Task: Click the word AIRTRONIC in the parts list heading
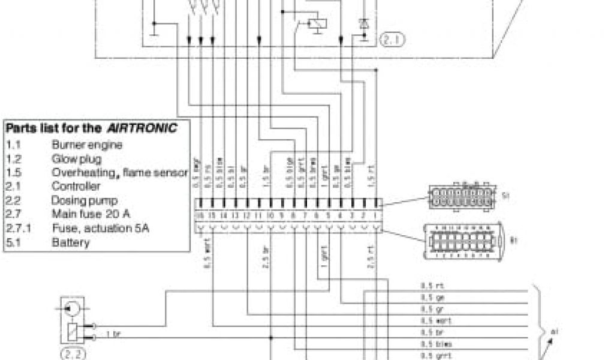click(x=143, y=128)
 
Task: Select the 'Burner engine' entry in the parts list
click(x=87, y=145)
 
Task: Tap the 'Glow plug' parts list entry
click(x=76, y=158)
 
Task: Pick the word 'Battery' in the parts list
click(x=71, y=242)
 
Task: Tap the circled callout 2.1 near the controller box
click(x=392, y=40)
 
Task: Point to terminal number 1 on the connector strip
click(x=377, y=215)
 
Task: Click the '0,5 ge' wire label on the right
click(x=427, y=298)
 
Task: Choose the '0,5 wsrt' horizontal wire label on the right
click(x=429, y=321)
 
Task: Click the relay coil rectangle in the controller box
click(x=315, y=25)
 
